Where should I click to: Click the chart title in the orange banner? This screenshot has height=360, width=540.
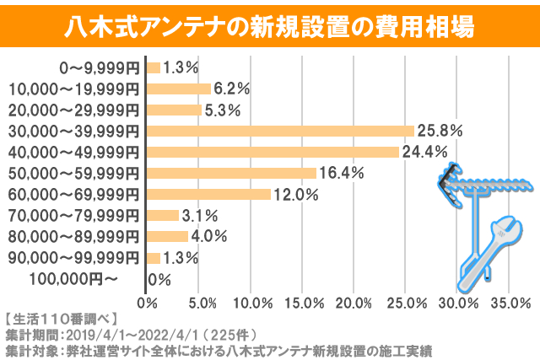point(270,25)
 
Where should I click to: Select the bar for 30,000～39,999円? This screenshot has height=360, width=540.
point(280,131)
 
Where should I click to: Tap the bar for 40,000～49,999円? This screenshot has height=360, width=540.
point(273,152)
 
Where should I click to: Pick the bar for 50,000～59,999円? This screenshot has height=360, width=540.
point(231,173)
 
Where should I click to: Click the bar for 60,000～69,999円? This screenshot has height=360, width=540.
point(208,194)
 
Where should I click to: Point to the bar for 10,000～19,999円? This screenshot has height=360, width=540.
point(178,89)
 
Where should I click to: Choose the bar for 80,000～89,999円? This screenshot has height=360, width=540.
point(167,236)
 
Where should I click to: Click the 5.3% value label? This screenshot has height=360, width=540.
point(223,110)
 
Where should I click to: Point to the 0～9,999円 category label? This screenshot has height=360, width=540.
point(99,67)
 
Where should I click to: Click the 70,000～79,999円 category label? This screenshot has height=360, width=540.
point(72,215)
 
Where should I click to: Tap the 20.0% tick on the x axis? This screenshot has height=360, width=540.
point(354,303)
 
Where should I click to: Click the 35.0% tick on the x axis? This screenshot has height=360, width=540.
point(509,303)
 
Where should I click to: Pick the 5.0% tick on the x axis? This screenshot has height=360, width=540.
point(199,303)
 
